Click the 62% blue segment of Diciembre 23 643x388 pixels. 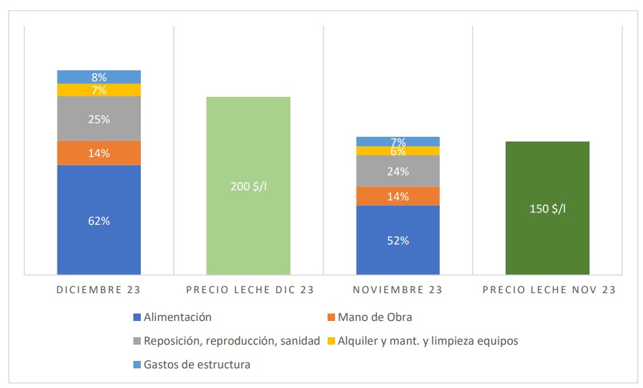pyautogui.click(x=99, y=220)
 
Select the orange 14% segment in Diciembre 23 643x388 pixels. pyautogui.click(x=99, y=153)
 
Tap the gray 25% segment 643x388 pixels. pyautogui.click(x=99, y=118)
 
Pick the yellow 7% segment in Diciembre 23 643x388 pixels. pyautogui.click(x=99, y=90)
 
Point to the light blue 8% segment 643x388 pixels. pyautogui.click(x=99, y=77)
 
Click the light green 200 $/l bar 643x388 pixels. pyautogui.click(x=248, y=186)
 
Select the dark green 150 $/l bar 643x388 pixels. pyautogui.click(x=548, y=208)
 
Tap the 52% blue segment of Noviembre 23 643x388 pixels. pyautogui.click(x=398, y=240)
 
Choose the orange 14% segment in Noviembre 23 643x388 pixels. pyautogui.click(x=398, y=196)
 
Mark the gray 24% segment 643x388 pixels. pyautogui.click(x=398, y=171)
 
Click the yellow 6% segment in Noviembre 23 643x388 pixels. pyautogui.click(x=398, y=152)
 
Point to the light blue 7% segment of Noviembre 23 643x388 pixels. pyautogui.click(x=398, y=142)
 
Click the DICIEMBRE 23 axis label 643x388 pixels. pyautogui.click(x=99, y=290)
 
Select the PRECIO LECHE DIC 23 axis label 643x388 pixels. pyautogui.click(x=250, y=290)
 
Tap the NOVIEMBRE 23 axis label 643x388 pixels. pyautogui.click(x=398, y=290)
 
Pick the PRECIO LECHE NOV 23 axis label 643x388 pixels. pyautogui.click(x=549, y=290)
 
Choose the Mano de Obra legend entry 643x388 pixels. pyautogui.click(x=374, y=317)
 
